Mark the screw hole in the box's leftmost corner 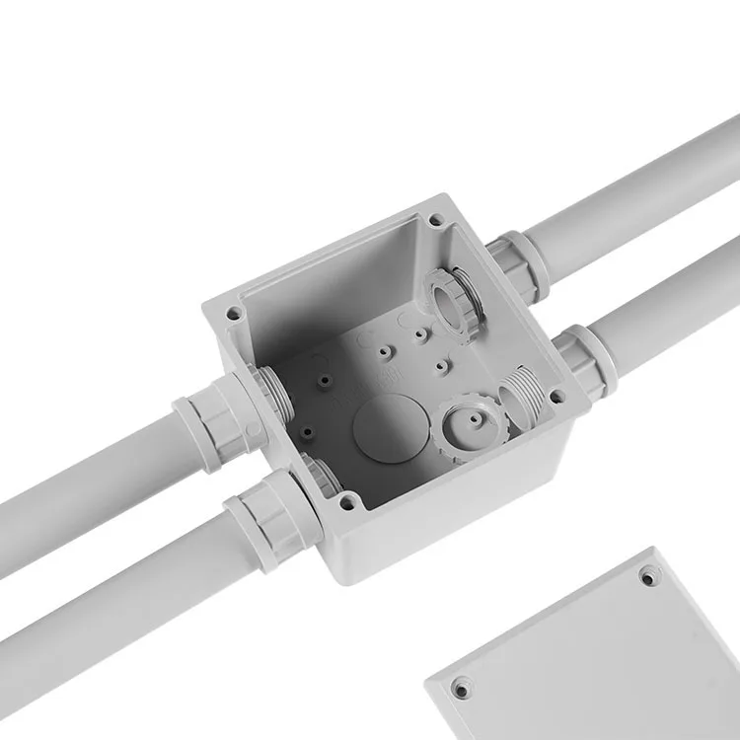coord(234,315)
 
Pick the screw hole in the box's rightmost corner coord(558,398)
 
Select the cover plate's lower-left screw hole coord(460,687)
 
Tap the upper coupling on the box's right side coord(519,265)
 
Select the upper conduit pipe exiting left coord(89,483)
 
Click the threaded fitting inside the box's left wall coord(276,395)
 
